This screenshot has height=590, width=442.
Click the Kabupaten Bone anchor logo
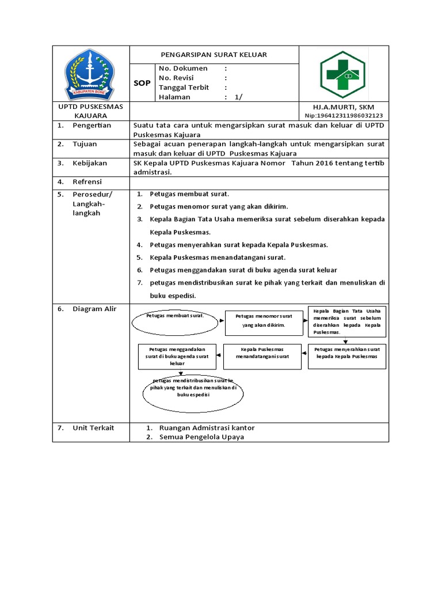coord(90,73)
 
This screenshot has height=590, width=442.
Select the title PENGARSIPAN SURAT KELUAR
coord(214,55)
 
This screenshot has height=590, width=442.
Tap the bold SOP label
coord(142,83)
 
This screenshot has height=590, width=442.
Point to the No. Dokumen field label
coord(183,68)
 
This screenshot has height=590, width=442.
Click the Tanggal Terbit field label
coord(184,88)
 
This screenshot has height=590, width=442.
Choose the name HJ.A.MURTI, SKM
coord(343,108)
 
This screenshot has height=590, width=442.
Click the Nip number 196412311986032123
coord(344,116)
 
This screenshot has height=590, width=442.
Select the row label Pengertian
coord(92,125)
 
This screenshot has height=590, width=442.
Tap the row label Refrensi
coord(87,182)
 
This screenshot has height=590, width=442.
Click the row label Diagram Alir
coord(94,309)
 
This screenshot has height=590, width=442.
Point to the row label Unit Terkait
coord(93,428)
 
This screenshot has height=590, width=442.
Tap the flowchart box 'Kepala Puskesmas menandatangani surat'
coord(262,353)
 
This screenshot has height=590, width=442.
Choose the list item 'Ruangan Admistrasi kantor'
coord(207,428)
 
